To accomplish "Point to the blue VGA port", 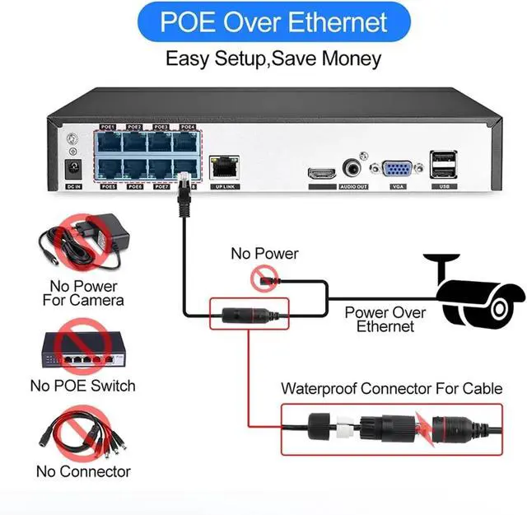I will (398, 169).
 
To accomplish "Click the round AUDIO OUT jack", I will (354, 167).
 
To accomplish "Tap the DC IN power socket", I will (72, 169).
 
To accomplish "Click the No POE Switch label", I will (82, 386).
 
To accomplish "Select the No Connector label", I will (83, 472).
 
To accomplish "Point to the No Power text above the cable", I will (264, 253).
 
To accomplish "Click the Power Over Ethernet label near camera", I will (385, 320).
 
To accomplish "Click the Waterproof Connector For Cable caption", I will (391, 388).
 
